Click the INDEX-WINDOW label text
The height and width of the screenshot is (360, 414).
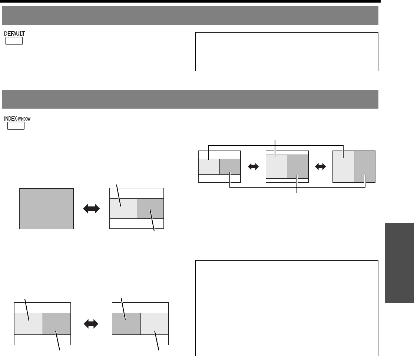coord(22,119)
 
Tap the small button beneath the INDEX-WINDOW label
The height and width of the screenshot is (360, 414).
coord(16,126)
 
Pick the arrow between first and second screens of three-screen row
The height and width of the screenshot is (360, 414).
coord(253,167)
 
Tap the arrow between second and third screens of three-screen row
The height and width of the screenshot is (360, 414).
coord(320,167)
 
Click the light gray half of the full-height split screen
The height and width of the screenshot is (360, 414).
coord(344,166)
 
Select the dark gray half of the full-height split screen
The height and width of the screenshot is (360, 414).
coord(365,166)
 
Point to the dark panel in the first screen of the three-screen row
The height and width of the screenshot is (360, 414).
coord(230,167)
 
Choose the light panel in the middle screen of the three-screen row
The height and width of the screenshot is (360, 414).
coord(276,166)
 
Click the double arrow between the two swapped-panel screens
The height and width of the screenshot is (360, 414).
coord(92,324)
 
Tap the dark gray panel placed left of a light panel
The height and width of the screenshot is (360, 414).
coord(126,324)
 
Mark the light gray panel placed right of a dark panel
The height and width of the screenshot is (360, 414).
coord(155,324)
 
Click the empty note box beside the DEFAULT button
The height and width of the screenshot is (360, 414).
coord(287,52)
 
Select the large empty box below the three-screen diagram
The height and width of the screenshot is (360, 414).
coord(287,308)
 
